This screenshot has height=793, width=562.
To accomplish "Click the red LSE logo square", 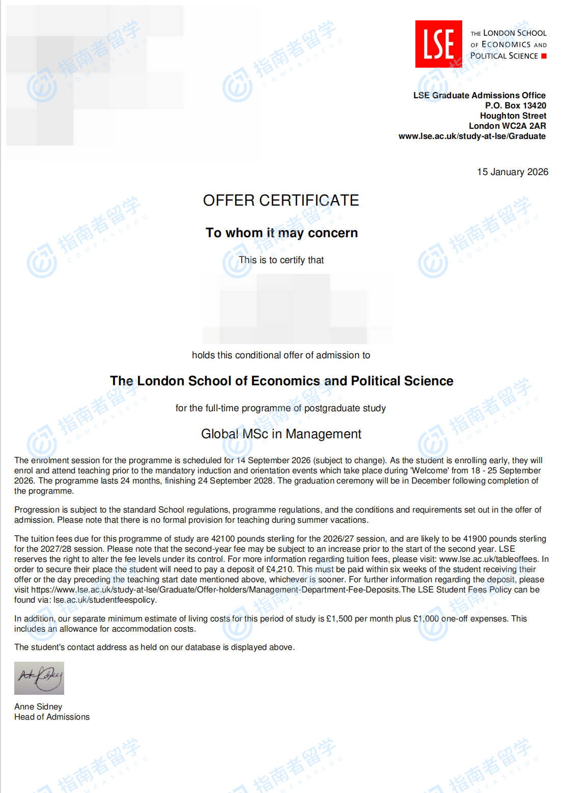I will click(x=438, y=44).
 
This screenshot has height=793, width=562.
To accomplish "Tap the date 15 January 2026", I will click(x=512, y=172).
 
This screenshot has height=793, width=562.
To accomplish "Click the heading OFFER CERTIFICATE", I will click(x=281, y=201).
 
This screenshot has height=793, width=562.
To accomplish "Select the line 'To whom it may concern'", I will click(x=282, y=233).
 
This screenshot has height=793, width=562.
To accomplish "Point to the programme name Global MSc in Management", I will click(x=281, y=434).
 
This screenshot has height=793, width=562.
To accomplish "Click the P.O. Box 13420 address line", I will click(x=515, y=105).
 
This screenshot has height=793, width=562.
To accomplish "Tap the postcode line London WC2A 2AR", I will click(x=507, y=126).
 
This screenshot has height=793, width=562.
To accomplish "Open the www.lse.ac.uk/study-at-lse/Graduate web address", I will click(x=472, y=136).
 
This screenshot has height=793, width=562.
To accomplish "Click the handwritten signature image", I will click(x=39, y=678).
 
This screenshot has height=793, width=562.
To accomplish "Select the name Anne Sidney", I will click(x=38, y=706).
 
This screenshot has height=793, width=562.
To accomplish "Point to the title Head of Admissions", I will click(x=52, y=717).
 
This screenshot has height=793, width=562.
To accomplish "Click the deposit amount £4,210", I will click(x=279, y=569).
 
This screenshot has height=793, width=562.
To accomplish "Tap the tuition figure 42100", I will click(x=223, y=539).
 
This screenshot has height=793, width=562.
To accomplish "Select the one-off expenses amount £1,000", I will click(x=426, y=618).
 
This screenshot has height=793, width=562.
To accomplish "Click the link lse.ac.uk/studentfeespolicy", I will click(x=104, y=600).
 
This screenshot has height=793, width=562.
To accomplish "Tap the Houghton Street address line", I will click(x=513, y=116).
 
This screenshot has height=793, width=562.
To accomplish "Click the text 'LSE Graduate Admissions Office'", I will click(x=479, y=95).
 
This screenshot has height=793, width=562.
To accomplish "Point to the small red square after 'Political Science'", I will click(x=544, y=56).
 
